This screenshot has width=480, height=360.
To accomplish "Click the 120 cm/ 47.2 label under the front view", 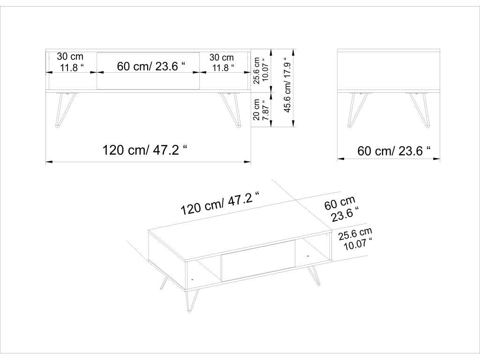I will click(145, 150).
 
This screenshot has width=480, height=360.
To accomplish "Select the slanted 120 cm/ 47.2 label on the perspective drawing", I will click(221, 203).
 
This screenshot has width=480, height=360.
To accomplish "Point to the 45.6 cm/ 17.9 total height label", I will click(288, 89).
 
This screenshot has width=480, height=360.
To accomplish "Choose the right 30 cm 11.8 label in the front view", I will click(222, 62).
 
